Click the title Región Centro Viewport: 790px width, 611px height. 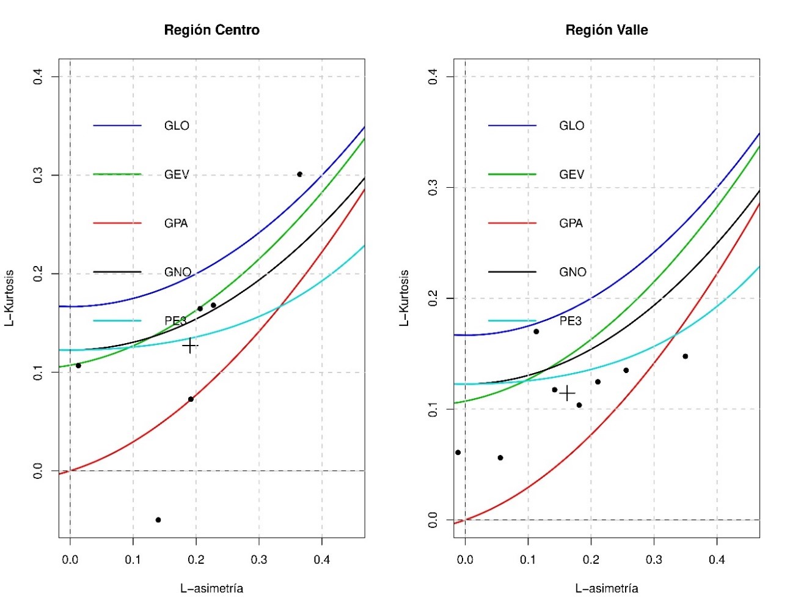coord(211,30)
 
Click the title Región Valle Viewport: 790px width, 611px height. coord(606,30)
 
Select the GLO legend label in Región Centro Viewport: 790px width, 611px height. coord(177,126)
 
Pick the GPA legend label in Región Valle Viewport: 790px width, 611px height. coord(571,223)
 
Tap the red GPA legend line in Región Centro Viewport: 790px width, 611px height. coord(117,223)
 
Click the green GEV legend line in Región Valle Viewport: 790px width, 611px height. coord(512,174)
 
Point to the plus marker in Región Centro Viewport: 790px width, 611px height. coord(190,346)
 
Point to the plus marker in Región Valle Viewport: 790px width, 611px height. coord(567,393)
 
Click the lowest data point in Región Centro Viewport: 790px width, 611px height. coord(158,520)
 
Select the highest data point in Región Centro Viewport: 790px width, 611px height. coord(299,174)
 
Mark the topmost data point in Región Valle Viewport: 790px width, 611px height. coord(536,331)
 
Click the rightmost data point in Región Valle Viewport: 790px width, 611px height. coord(685,356)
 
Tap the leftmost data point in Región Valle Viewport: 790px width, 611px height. coord(458,453)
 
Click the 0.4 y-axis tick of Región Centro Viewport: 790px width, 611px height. coord(38,76)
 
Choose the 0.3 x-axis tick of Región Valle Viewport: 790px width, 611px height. coord(654,559)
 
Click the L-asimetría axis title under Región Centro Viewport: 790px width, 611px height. coord(211,588)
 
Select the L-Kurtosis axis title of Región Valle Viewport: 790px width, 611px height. coord(404,298)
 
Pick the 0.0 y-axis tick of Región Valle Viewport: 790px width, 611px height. coord(433,520)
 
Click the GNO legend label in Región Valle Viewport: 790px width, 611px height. coord(572,272)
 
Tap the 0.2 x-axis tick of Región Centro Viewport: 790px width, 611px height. coord(196,559)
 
